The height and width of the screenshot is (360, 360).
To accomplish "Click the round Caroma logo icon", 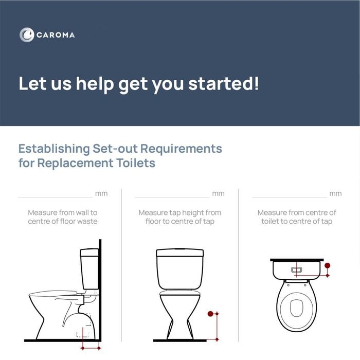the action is click(x=27, y=35).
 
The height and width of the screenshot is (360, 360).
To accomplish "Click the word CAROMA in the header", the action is click(x=56, y=35).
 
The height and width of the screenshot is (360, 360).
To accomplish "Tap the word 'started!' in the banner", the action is click(x=224, y=83).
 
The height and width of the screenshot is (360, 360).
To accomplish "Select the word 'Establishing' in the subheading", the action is click(x=54, y=149).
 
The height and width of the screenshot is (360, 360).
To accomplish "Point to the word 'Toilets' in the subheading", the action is click(x=136, y=163).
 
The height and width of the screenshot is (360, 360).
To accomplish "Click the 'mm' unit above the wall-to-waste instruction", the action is click(x=101, y=193).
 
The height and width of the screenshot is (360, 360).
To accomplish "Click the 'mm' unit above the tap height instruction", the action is click(x=219, y=193).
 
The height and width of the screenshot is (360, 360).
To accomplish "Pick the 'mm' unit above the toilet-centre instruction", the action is click(x=335, y=193).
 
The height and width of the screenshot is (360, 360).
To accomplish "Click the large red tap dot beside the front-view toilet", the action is click(x=210, y=314).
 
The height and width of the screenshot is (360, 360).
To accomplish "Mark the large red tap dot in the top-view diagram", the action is click(x=328, y=266).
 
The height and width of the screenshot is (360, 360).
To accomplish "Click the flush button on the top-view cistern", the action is click(x=296, y=270).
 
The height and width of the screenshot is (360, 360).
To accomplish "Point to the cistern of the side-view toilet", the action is click(x=89, y=268).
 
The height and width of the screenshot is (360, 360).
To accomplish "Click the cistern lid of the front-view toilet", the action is click(x=180, y=253).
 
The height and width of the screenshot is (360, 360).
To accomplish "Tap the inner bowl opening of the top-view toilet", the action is click(x=297, y=308).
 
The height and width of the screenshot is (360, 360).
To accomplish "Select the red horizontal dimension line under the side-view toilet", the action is click(x=91, y=348).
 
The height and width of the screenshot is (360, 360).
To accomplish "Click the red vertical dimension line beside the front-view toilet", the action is click(x=217, y=327).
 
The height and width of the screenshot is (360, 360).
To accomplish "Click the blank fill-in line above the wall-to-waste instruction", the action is click(x=56, y=197).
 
